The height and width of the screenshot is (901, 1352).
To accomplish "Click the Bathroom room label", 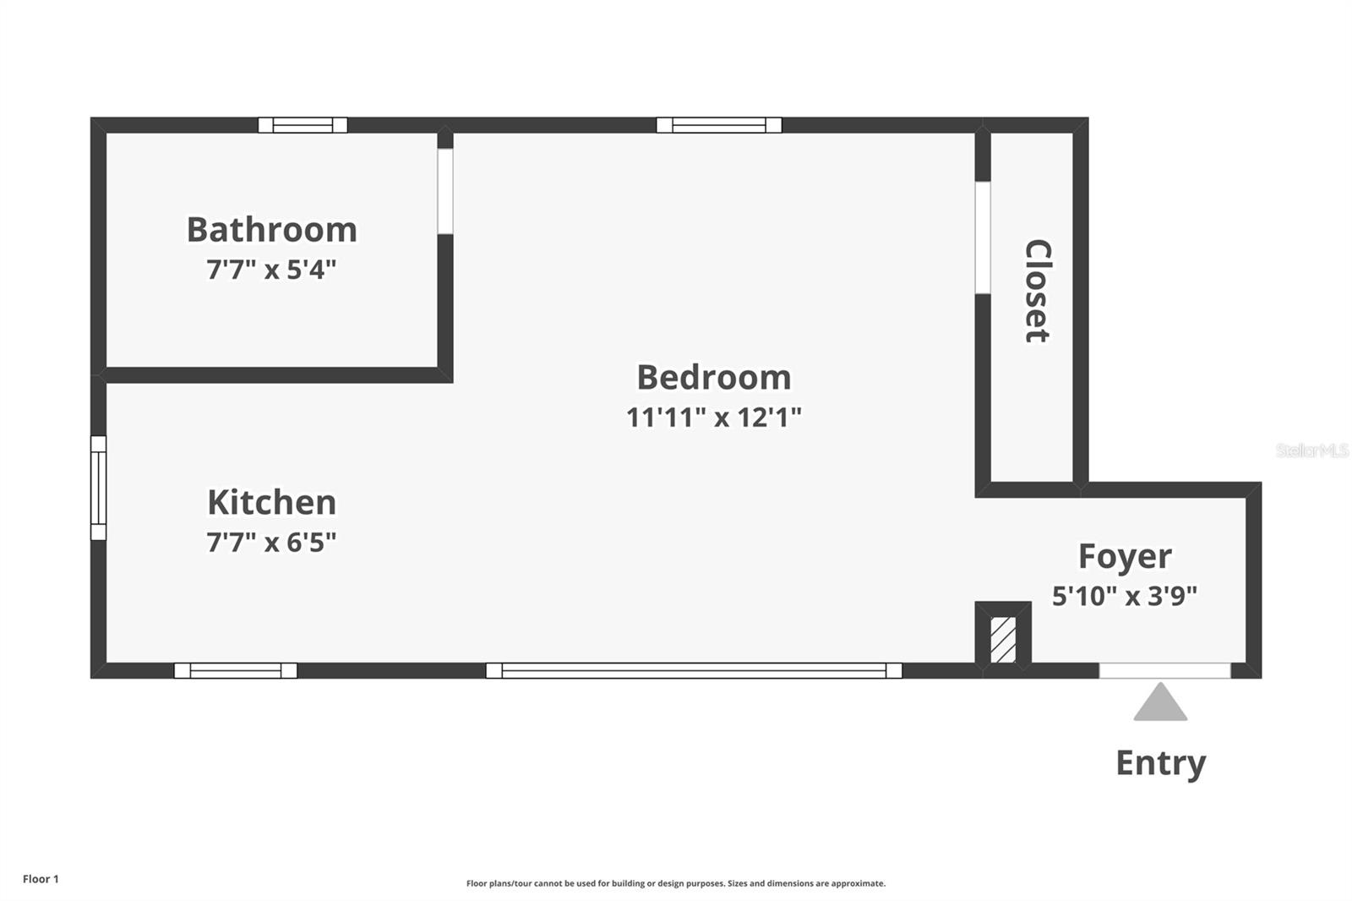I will [x=271, y=230].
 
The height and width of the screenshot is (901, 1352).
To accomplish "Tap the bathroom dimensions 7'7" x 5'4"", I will [x=271, y=270].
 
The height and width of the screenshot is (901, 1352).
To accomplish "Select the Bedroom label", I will [x=713, y=377].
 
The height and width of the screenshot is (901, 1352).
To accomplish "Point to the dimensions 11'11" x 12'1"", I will [x=713, y=417].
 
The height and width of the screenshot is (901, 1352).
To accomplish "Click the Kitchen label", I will [x=271, y=502].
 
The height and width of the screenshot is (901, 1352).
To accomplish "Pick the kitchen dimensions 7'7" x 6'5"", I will [x=271, y=542].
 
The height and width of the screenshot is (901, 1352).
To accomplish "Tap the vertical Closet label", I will [x=1037, y=291].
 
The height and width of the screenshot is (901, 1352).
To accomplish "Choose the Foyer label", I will [x=1125, y=556].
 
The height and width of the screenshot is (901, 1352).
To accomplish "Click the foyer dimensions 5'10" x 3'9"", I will [x=1125, y=596].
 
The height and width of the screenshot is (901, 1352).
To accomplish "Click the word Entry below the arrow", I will [x=1160, y=762].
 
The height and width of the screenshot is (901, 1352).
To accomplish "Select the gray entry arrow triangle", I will [x=1160, y=704].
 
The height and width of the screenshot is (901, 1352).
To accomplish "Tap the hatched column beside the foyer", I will [x=1003, y=639].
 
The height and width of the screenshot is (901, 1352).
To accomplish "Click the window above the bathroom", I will [x=303, y=125].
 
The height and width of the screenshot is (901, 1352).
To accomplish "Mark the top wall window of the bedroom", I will [x=719, y=125].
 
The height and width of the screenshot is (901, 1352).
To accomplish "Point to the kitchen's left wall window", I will [x=99, y=488].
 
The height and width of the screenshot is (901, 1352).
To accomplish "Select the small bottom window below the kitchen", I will [x=236, y=670].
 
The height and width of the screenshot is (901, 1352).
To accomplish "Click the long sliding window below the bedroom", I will [x=694, y=670].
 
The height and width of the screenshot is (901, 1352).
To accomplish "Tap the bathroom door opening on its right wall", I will [x=445, y=191].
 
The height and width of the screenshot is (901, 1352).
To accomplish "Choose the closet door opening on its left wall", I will [x=983, y=238].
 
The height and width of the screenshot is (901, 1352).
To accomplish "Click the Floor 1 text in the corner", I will [x=41, y=879].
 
